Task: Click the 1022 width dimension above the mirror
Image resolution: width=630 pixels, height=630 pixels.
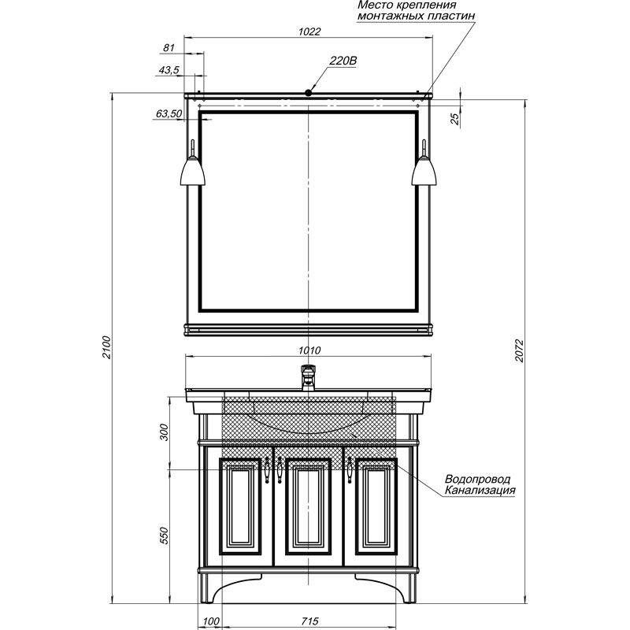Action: pos(309,31)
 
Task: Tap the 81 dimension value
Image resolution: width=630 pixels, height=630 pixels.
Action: pos(169,47)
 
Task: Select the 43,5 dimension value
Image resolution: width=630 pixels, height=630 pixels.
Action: pos(169,70)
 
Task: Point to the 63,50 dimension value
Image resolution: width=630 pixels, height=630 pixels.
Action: pos(169,113)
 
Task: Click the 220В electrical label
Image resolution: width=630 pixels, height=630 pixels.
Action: pos(343,61)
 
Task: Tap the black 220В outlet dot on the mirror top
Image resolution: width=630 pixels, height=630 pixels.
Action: pos(308,93)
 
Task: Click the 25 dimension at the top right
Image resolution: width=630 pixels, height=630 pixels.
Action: pos(454,119)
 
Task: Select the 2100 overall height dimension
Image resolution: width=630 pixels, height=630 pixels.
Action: pos(106,346)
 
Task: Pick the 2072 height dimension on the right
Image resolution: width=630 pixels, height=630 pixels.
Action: pos(520,350)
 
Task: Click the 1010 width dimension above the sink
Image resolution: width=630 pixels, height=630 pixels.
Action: pos(309,350)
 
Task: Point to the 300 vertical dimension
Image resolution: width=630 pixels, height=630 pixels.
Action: pos(165,432)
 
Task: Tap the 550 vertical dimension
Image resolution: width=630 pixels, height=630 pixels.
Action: pos(165,535)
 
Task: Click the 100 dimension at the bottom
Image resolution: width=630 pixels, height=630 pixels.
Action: pos(211,621)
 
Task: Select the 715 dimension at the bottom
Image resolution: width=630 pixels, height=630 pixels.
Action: pos(309,621)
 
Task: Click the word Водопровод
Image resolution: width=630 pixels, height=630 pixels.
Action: pos(477,479)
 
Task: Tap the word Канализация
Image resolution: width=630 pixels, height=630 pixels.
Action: pos(480,490)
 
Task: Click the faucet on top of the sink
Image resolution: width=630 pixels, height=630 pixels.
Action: pos(308,377)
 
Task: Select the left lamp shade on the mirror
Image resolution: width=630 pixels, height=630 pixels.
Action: pos(193,171)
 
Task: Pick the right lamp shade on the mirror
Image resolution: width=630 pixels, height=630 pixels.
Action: pos(424,171)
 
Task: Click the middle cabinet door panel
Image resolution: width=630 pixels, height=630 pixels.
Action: pos(308,506)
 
